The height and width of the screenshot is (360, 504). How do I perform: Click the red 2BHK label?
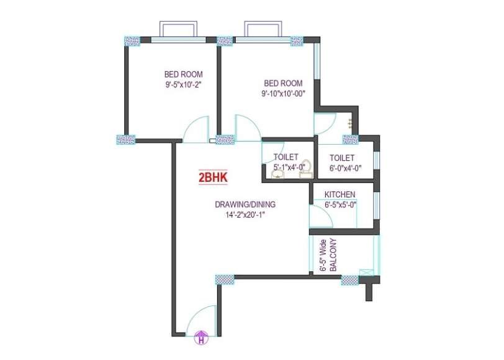pos(213,178)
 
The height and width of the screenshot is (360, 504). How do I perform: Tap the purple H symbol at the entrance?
pos(201,338)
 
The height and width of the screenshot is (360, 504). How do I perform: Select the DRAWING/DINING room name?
pos(245,204)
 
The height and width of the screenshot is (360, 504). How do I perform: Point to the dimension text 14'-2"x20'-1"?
pos(245,215)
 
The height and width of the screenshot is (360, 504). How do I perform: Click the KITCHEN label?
pos(340,194)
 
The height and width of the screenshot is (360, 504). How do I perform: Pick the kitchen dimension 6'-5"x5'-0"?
pos(340,205)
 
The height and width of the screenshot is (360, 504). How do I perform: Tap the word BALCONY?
pos(334,254)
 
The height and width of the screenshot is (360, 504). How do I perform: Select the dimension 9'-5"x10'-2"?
pos(184,85)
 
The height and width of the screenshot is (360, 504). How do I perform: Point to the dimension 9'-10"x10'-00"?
pos(283,94)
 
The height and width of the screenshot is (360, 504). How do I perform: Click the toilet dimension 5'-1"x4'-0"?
pos(289,167)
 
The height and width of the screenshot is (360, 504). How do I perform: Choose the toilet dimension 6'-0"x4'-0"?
pos(345,168)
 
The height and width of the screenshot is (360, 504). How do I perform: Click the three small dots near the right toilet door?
pos(349,122)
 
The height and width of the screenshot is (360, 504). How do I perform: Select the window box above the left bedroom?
pos(178,29)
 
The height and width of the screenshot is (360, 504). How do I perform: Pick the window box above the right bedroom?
pos(263,29)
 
